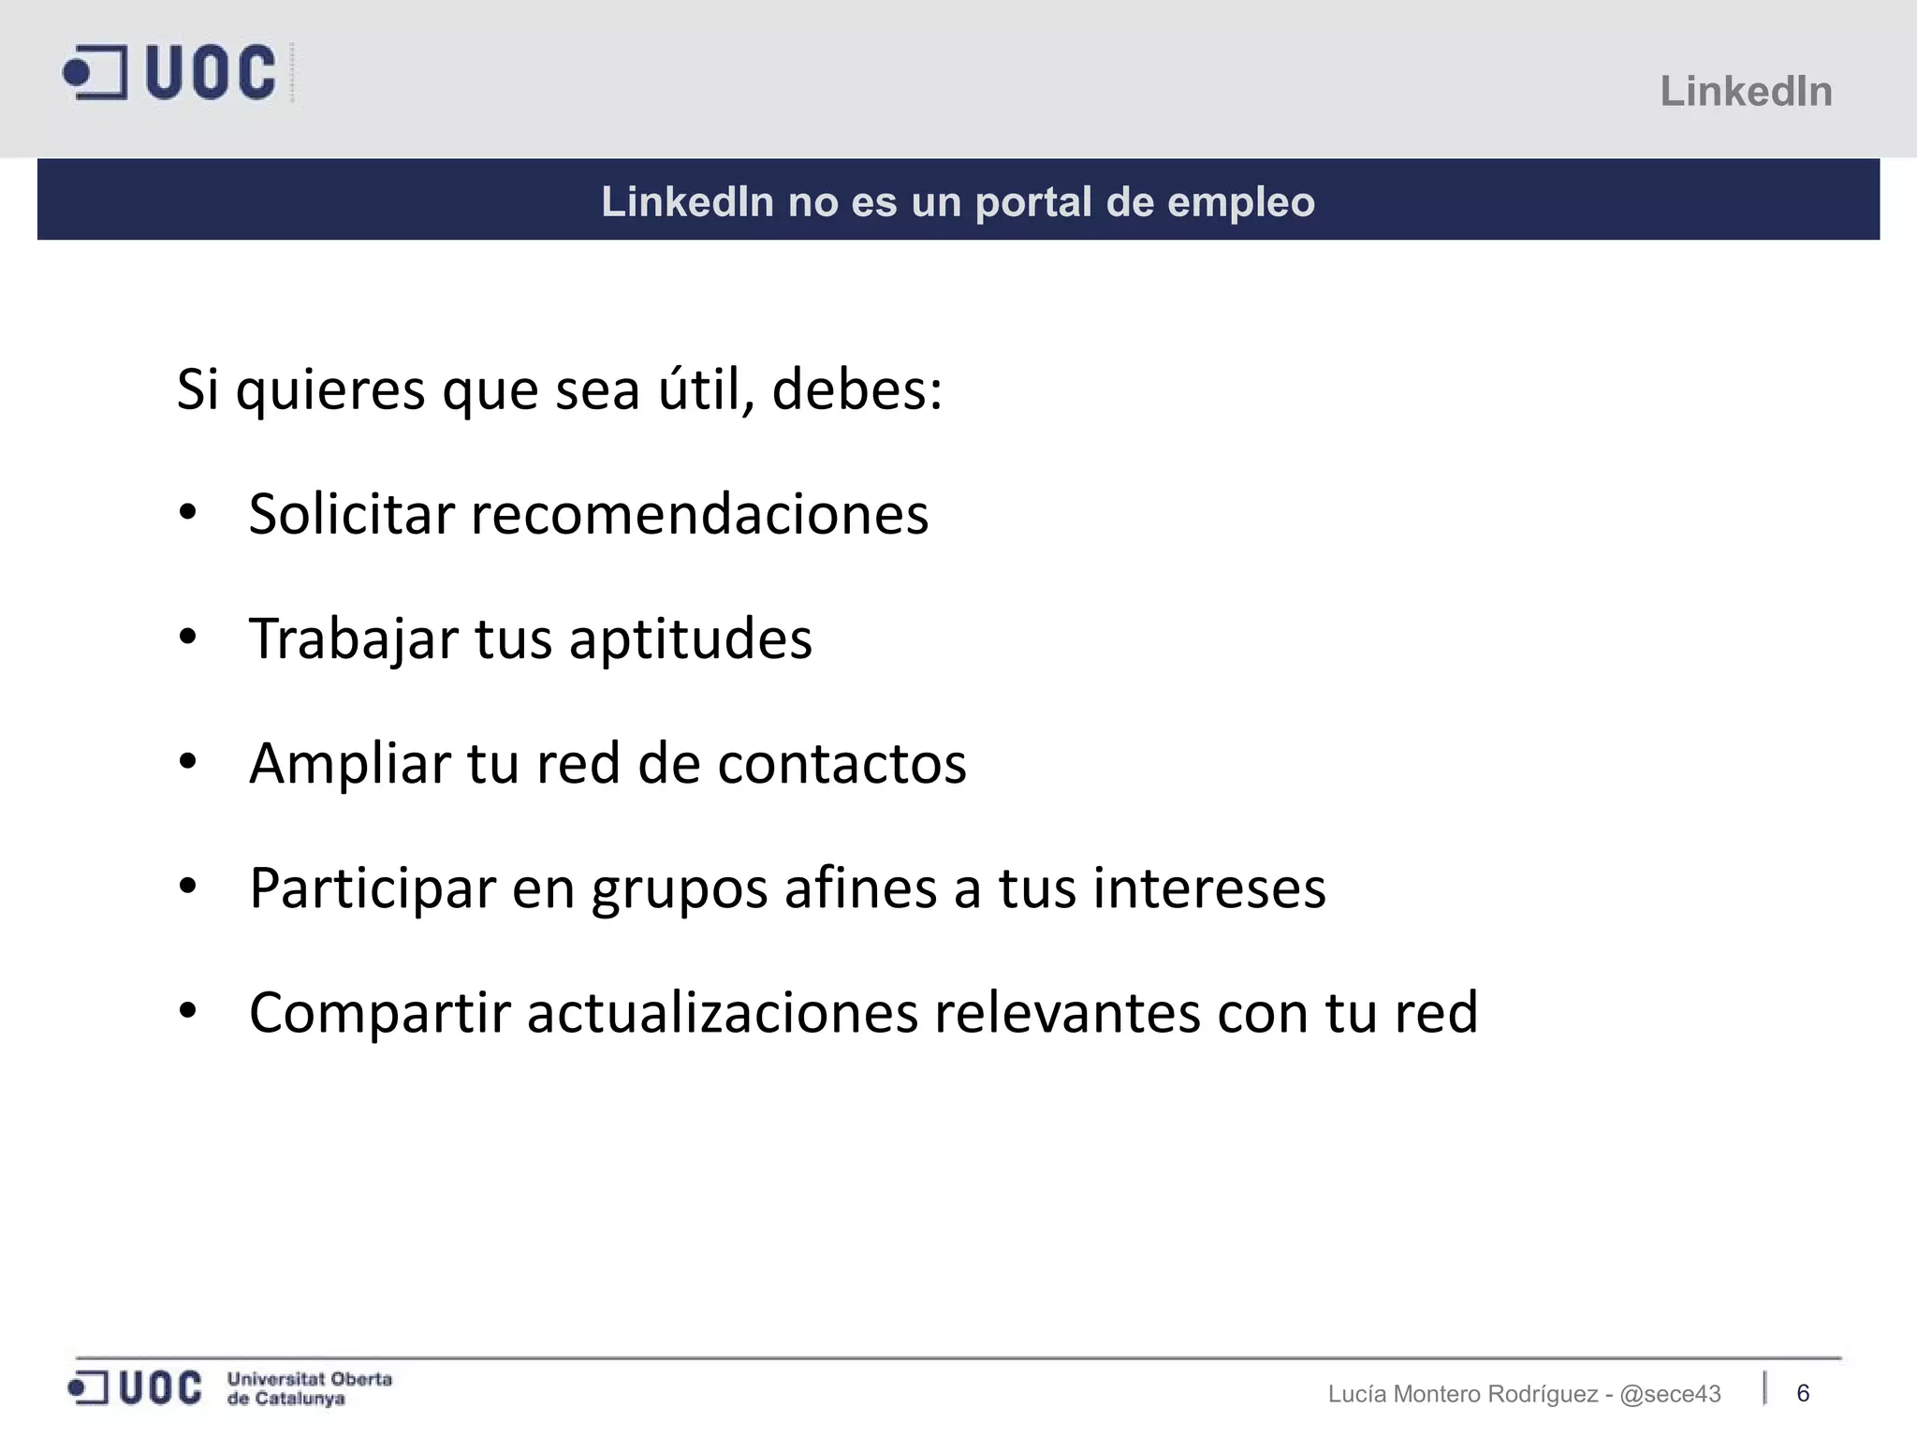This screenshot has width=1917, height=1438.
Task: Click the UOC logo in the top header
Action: click(x=170, y=72)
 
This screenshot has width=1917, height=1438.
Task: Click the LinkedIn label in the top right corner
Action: click(x=1746, y=92)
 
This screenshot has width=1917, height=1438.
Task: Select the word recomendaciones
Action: click(x=699, y=514)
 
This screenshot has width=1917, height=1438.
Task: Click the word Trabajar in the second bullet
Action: click(x=354, y=639)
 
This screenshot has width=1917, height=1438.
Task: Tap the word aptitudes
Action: click(x=691, y=639)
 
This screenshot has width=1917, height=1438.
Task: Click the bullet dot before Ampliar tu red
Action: click(x=188, y=762)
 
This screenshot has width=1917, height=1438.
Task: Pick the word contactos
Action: click(x=841, y=763)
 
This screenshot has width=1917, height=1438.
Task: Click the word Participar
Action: click(x=372, y=888)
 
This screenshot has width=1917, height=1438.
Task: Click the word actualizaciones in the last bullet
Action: click(x=723, y=1013)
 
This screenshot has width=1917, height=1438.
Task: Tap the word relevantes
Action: click(x=1067, y=1013)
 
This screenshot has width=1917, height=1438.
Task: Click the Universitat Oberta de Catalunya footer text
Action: click(x=310, y=1388)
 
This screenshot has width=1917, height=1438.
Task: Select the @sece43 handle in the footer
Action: click(x=1670, y=1394)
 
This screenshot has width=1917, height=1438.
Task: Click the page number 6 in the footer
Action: click(x=1803, y=1393)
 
